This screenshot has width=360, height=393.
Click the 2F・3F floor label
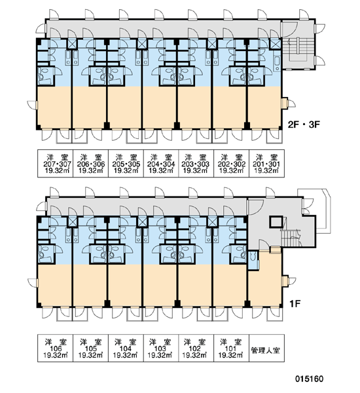click(304, 124)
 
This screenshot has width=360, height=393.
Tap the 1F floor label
click(295, 304)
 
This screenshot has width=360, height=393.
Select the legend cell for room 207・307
click(56, 164)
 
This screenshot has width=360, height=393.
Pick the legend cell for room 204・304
click(161, 164)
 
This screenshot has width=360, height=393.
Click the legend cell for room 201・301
click(266, 164)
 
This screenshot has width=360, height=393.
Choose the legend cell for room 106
click(56, 348)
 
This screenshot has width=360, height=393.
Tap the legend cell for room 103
click(161, 348)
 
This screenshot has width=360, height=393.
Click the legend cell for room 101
click(231, 348)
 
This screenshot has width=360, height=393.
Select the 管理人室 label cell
click(266, 348)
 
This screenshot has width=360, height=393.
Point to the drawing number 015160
click(309, 379)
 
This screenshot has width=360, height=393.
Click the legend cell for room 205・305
click(126, 164)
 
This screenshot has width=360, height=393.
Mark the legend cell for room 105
click(90, 348)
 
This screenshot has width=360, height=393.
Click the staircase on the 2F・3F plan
click(298, 53)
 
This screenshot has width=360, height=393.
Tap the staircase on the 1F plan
click(291, 238)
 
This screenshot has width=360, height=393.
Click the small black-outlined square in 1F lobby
click(276, 222)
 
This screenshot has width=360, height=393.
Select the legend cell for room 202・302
click(231, 164)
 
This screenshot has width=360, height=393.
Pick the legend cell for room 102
click(196, 348)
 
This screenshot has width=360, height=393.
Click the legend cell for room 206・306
click(90, 164)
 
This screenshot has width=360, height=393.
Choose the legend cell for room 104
click(126, 348)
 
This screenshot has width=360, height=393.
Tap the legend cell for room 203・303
click(196, 164)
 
